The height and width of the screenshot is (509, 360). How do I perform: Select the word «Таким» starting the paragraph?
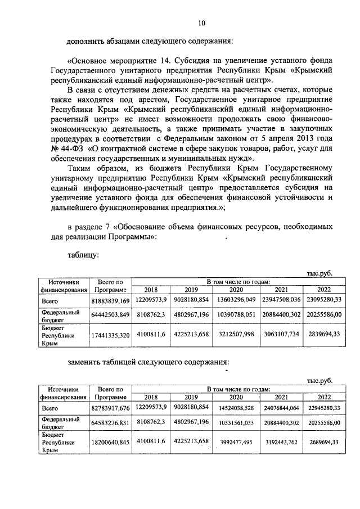coord(81,168)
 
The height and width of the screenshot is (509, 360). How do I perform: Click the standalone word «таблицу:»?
coord(84,255)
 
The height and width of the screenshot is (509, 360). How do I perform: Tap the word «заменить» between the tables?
coord(85,362)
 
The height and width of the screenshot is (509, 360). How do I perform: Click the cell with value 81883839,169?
coord(111,301)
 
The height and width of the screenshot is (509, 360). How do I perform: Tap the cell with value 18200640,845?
coord(111,443)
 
